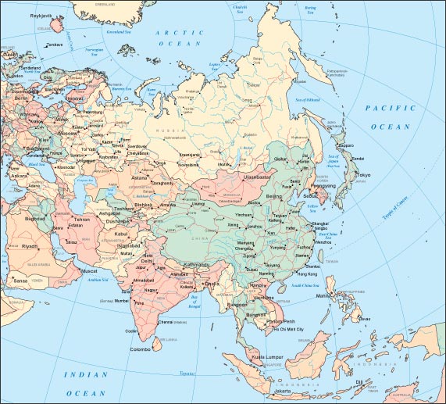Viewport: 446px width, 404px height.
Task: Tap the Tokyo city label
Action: point(363,175)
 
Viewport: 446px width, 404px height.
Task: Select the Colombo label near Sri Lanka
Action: point(141,349)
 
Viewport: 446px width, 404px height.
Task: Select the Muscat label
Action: point(81,273)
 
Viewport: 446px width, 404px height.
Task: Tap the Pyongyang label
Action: point(325,187)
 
